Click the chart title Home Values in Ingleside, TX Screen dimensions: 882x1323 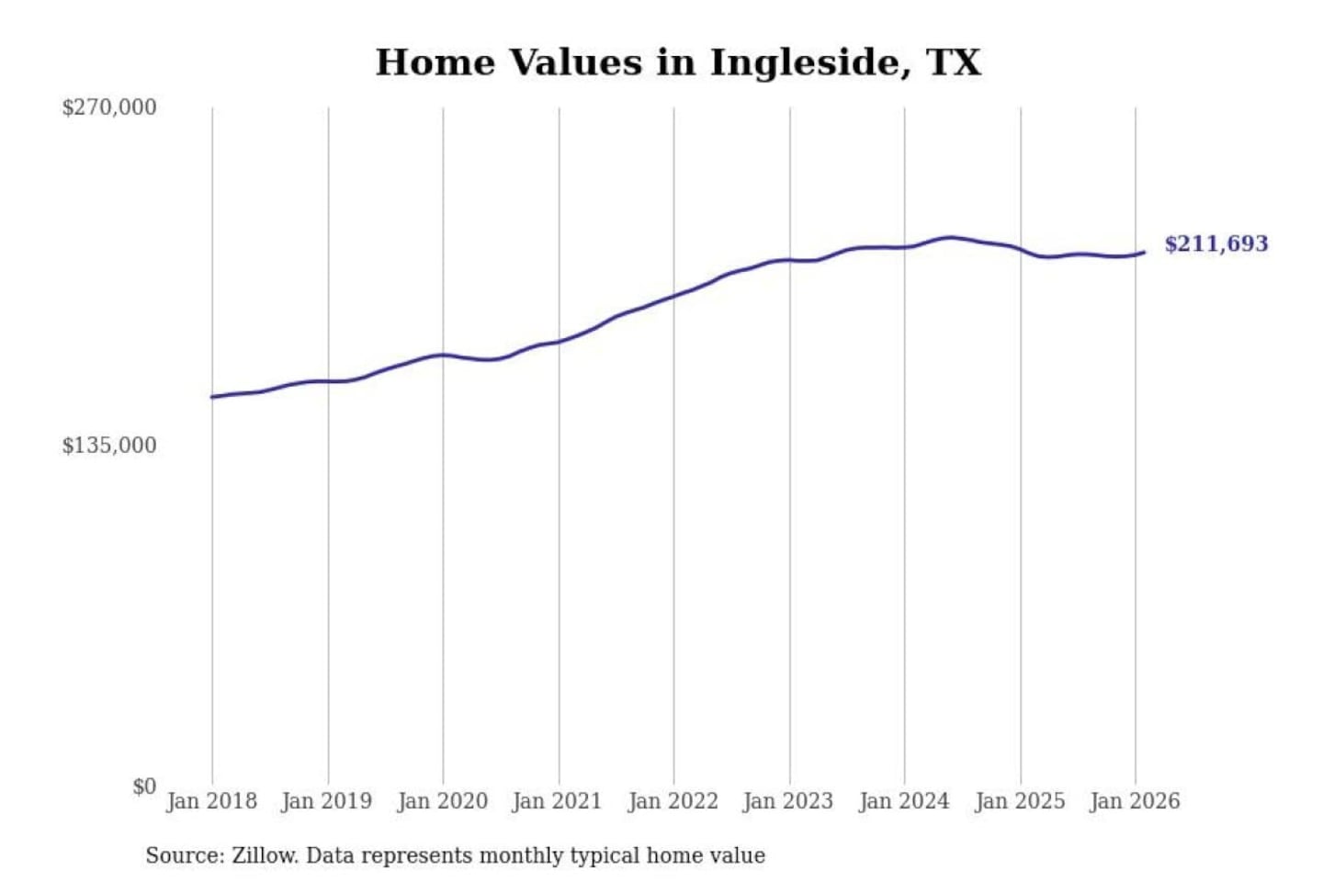tap(678, 62)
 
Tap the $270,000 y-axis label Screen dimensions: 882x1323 tap(109, 107)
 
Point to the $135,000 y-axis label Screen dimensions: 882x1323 tap(109, 446)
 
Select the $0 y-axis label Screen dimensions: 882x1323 tap(144, 786)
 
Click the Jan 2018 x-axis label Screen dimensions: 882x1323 tap(211, 801)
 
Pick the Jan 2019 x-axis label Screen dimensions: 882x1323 tap(327, 801)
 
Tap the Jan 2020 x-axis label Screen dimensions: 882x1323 tap(442, 801)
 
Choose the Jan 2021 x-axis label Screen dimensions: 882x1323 tap(557, 801)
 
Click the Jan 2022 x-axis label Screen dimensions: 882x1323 tap(673, 801)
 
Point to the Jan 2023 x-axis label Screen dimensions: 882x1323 tap(788, 801)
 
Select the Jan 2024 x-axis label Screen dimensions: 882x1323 tap(904, 801)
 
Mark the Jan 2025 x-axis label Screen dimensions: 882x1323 tap(1020, 801)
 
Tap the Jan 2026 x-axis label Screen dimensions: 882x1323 tap(1135, 801)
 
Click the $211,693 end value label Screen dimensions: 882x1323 tap(1216, 244)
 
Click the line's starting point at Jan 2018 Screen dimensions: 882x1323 tap(212, 397)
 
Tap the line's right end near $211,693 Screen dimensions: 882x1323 tap(1144, 252)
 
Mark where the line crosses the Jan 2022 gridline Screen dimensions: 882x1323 tap(673, 297)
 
